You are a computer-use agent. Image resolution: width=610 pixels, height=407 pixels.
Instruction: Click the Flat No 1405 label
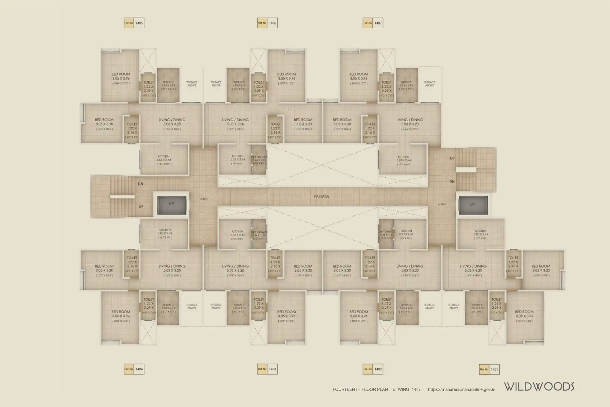(x=134, y=23)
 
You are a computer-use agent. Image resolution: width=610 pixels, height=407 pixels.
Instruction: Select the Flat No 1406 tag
(x=267, y=23)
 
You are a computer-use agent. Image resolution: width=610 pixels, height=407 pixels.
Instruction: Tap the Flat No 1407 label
(x=373, y=23)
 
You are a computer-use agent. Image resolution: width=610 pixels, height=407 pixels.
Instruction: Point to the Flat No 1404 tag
(x=134, y=369)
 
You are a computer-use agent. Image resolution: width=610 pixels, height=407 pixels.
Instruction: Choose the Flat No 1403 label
(x=267, y=369)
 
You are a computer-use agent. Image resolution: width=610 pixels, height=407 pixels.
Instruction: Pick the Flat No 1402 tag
(x=373, y=369)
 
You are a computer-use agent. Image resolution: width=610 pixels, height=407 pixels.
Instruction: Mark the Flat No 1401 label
(x=489, y=370)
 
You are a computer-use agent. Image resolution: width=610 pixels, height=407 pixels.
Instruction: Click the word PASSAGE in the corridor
(x=322, y=196)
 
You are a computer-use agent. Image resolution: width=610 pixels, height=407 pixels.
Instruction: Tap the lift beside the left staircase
(x=172, y=204)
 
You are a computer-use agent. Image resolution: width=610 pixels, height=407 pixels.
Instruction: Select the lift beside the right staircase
(x=473, y=204)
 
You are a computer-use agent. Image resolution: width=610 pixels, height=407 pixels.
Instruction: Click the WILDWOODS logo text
(x=539, y=387)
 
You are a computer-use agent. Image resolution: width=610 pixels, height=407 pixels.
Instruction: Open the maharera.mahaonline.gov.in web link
(x=461, y=389)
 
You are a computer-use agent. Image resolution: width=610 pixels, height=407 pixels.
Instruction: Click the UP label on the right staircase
(x=452, y=158)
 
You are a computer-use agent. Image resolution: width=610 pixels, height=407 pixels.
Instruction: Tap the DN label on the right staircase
(x=452, y=182)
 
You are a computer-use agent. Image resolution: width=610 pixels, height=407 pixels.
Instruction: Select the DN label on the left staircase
(x=141, y=184)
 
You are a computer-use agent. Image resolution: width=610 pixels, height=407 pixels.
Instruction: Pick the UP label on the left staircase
(x=141, y=206)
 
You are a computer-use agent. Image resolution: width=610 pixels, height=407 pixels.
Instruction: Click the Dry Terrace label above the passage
(x=259, y=157)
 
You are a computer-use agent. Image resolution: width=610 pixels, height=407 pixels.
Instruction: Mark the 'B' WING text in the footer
(x=400, y=389)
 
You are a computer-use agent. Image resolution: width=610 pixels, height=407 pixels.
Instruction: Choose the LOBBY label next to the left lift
(x=204, y=199)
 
